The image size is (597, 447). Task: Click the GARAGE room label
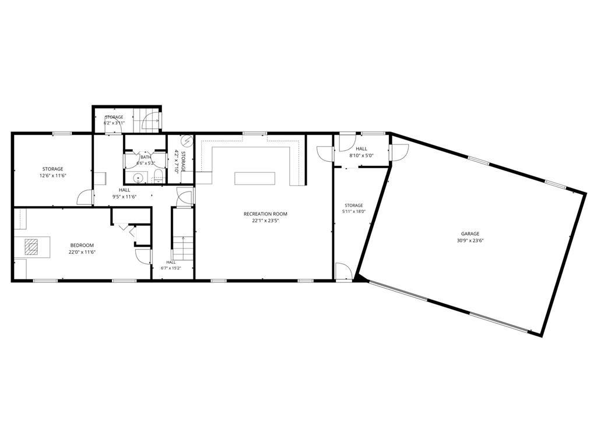click(x=470, y=234)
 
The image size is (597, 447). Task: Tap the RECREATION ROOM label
click(x=265, y=214)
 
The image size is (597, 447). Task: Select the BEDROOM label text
click(x=82, y=246)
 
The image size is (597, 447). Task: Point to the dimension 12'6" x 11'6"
click(x=52, y=176)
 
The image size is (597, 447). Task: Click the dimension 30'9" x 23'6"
click(x=470, y=240)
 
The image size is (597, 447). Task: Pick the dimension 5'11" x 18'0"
click(x=354, y=212)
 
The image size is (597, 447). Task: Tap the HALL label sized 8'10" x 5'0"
click(x=361, y=148)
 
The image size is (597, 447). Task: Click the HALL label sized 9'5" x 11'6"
click(x=124, y=190)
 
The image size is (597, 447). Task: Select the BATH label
click(x=145, y=157)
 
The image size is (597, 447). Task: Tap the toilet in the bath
click(x=158, y=177)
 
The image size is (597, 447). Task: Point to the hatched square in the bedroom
click(x=31, y=247)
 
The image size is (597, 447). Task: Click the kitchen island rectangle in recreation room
click(x=254, y=178)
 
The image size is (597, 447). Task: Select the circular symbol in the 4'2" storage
click(x=187, y=140)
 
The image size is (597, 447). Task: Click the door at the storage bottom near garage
click(x=343, y=271)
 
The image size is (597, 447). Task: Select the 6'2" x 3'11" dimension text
click(x=114, y=123)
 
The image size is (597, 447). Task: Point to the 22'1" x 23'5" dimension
click(x=265, y=221)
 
